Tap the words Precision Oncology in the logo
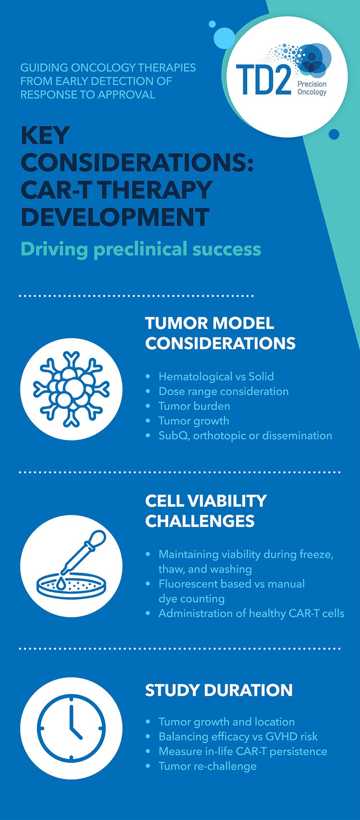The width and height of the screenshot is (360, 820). [x=312, y=88]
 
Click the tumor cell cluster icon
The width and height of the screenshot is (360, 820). [x=71, y=389]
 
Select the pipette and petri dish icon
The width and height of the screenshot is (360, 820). [x=71, y=566]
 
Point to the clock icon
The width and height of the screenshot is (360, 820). [x=71, y=728]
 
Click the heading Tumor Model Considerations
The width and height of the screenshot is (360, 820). [x=220, y=333]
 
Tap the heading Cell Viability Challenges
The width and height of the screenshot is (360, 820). [x=205, y=511]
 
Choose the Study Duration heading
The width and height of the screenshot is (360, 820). [x=218, y=690]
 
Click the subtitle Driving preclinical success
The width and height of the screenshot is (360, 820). [x=141, y=249]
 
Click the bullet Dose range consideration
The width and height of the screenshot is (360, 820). [x=223, y=392]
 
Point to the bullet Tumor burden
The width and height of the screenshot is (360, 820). [x=194, y=406]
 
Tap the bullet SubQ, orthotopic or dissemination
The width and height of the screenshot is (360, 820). [x=245, y=436]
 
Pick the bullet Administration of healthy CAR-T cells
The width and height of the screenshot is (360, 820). [x=251, y=613]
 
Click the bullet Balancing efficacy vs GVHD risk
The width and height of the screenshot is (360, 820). [x=238, y=737]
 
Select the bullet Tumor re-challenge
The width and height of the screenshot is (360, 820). [x=207, y=766]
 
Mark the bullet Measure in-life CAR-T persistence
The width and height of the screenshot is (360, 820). [x=242, y=751]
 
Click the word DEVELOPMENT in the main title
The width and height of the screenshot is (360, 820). [x=115, y=217]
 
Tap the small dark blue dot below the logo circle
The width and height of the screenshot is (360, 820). [x=334, y=134]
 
